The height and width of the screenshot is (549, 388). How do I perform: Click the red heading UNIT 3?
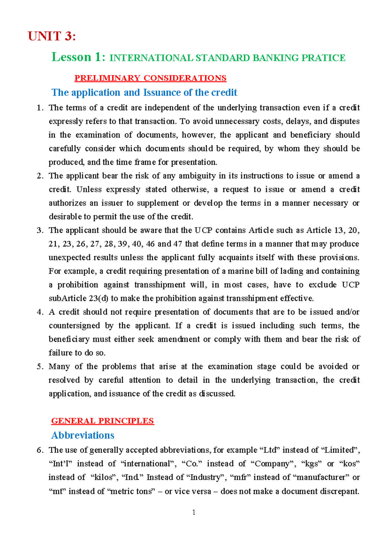(52, 36)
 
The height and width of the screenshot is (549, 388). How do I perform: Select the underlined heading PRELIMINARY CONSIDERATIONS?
(150, 78)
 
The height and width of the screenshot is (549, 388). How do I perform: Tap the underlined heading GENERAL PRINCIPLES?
(102, 421)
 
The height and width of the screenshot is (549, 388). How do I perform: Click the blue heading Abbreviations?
(83, 435)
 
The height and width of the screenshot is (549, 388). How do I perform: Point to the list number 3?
(39, 230)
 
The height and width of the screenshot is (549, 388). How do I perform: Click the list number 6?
(39, 450)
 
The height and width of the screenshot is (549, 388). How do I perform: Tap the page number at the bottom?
(194, 512)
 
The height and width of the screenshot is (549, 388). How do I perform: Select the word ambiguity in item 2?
(197, 176)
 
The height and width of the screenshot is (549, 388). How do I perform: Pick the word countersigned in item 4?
(74, 326)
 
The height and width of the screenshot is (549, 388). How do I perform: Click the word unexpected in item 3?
(67, 258)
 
